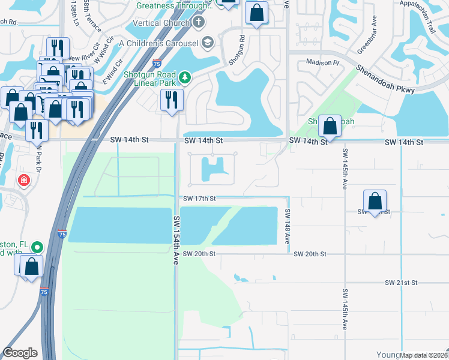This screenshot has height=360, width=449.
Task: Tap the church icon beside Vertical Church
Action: coord(199,23)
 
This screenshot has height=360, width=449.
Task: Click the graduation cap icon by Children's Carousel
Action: coord(208,42)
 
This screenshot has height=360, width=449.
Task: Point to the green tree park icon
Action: coord(185,77)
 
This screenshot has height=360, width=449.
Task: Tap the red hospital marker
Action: coord(23,179)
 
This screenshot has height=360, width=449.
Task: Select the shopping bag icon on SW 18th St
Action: coord(375,200)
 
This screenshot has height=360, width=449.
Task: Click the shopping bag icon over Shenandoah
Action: coord(330,125)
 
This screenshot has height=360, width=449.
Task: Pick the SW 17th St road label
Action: coord(199,198)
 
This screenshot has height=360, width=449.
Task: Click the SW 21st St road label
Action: coord(401,282)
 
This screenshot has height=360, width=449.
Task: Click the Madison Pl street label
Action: coord(323,62)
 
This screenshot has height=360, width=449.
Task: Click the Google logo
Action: coord(20,353)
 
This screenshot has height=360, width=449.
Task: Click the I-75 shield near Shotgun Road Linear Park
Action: coord(157,62)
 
